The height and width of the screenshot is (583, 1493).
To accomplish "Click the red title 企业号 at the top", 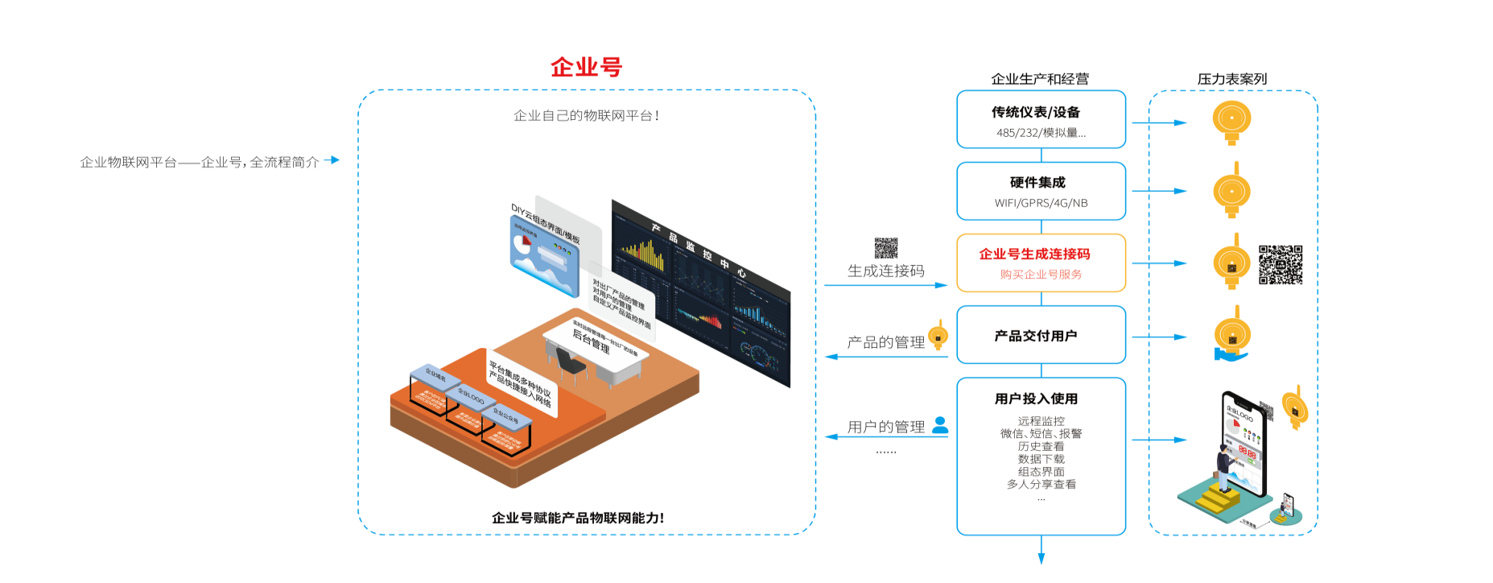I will (x=586, y=67).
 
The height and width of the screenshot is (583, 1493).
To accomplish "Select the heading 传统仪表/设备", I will (x=1036, y=112).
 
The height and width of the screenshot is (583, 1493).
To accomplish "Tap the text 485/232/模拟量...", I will (x=1041, y=133).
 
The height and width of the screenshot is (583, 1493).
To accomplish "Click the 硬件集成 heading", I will (x=1037, y=183).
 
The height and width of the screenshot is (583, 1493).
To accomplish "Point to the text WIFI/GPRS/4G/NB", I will (x=1041, y=203).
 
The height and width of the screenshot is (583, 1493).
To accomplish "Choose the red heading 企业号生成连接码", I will (x=1034, y=254).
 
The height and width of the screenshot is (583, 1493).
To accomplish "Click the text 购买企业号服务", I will (x=1041, y=275).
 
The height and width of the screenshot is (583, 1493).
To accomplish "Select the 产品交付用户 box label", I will (x=1036, y=336).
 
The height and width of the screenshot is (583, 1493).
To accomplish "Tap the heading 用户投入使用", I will (x=1036, y=399).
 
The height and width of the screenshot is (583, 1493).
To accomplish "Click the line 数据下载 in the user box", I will (x=1041, y=459).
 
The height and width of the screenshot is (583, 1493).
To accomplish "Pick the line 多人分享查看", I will (x=1041, y=484).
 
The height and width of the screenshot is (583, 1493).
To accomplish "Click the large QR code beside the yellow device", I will (x=1281, y=265).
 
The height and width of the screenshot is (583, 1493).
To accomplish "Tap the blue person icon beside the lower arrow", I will (x=940, y=424).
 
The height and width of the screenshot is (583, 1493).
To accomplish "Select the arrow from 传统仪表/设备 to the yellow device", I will (x=1158, y=123).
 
